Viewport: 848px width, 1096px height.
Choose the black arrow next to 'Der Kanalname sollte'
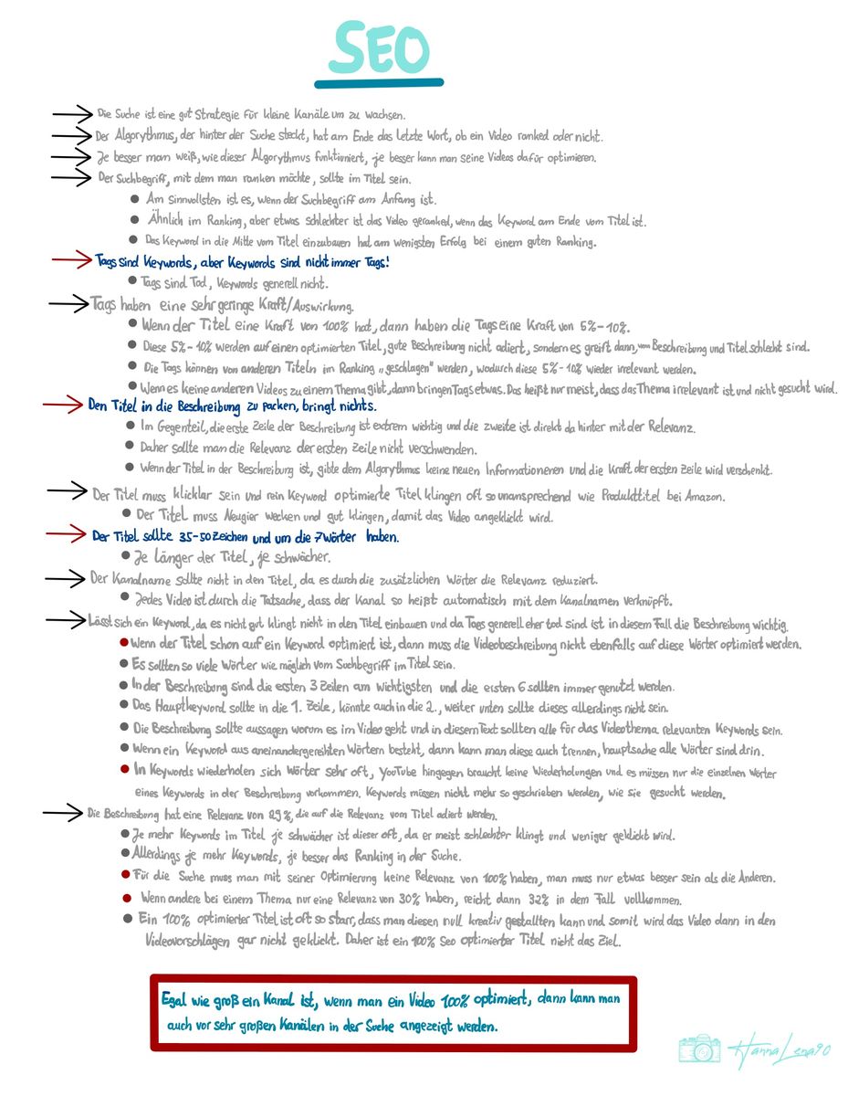tap(68, 578)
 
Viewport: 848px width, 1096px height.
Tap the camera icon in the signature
tap(699, 1049)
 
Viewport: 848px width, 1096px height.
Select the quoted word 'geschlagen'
tap(395, 369)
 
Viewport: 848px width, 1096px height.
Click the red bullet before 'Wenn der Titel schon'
tap(123, 643)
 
